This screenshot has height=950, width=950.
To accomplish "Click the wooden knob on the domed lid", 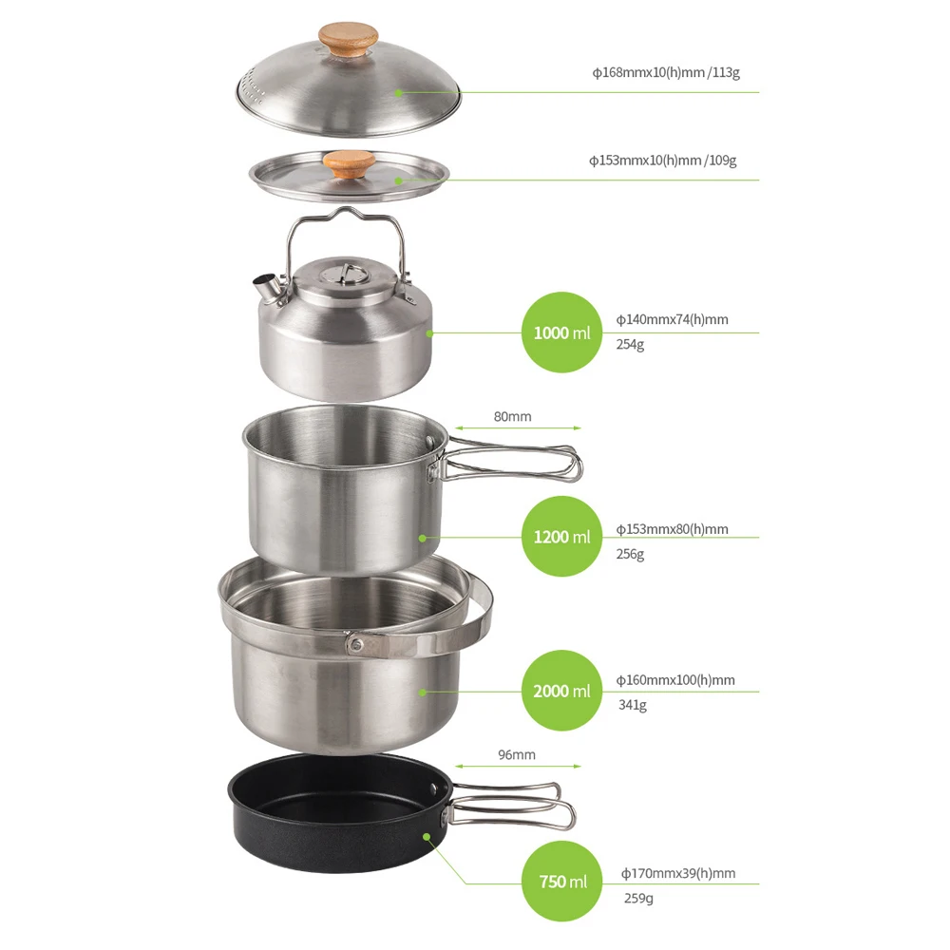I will (346, 41).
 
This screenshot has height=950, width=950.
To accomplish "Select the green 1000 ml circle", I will (561, 332).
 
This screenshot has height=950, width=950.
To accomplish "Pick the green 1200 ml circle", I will (561, 537).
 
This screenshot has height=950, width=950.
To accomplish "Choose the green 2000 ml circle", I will (561, 691).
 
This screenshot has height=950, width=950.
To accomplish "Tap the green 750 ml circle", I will (563, 882).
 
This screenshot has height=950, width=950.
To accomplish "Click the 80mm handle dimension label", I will (513, 416).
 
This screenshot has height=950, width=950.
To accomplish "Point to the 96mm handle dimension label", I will (516, 755).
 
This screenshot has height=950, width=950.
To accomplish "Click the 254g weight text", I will (631, 345).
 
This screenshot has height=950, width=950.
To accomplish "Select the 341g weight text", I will (632, 705).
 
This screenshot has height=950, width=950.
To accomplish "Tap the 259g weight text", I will (637, 898).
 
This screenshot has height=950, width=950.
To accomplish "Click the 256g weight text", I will (631, 554).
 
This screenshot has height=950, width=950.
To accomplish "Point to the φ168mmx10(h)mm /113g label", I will (665, 72).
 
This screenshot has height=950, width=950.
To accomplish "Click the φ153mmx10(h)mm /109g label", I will (662, 161).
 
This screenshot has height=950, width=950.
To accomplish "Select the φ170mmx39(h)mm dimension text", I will (678, 873).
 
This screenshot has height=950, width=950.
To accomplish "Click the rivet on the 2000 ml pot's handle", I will (355, 645).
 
